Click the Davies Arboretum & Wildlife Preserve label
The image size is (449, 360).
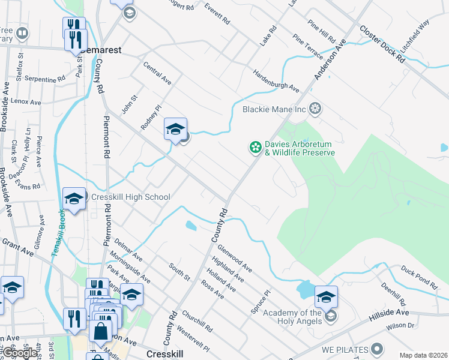coord(299,148)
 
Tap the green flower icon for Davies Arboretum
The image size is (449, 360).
coord(256,146)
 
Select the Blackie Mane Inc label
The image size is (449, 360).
coord(274,109)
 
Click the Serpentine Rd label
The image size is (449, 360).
coord(46,79)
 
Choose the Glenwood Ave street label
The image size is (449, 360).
coord(235,256)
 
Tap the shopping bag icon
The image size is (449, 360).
coord(100,330)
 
